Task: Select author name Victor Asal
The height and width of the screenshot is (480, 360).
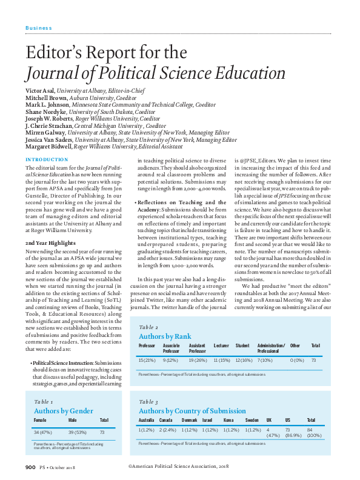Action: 41,90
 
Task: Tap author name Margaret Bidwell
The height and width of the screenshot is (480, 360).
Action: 48,146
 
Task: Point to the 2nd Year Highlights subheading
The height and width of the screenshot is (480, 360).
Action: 52,225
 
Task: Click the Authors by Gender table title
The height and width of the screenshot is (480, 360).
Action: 64,410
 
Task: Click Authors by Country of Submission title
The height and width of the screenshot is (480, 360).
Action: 192,410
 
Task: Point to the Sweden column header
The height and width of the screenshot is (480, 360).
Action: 253,419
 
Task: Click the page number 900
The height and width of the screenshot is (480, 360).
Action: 31,467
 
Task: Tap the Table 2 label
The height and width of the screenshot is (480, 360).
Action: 149,326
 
